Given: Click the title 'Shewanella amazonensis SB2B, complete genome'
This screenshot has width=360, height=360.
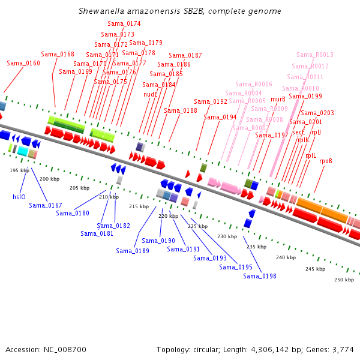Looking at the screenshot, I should [180, 11].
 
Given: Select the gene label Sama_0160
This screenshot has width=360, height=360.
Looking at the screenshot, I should [23, 63].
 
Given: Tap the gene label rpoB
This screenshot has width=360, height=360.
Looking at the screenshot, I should [326, 161].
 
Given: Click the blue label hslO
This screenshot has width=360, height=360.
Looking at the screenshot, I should [19, 196].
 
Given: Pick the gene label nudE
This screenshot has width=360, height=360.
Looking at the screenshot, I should [150, 94].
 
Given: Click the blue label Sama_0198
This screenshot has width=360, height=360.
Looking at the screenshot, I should [260, 276].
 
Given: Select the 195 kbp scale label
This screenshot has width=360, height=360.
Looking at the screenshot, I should [20, 170].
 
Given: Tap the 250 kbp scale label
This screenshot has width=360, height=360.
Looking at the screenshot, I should [344, 280].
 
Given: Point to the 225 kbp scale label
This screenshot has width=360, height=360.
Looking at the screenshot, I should [197, 226].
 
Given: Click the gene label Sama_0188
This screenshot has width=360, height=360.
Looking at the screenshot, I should [181, 110].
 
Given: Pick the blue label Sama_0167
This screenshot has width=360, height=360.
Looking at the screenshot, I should [46, 205].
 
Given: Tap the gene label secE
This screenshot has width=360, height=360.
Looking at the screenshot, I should [299, 132].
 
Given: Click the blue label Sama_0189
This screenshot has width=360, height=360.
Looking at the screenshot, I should [133, 251].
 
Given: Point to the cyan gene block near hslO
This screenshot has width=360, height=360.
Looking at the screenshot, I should [22, 151].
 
